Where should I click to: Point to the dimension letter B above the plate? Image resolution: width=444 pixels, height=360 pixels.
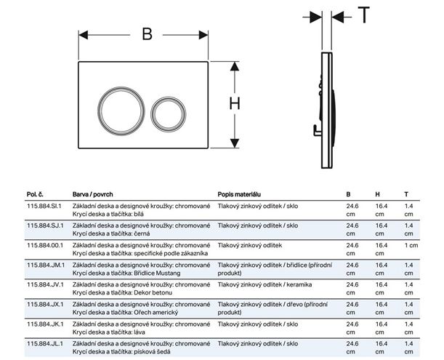[x=147, y=34]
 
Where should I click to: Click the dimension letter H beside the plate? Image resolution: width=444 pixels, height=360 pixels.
[x=235, y=103]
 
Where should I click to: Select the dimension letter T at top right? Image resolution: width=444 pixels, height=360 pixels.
[x=364, y=15]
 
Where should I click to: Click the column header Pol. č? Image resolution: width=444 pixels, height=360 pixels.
[x=35, y=194]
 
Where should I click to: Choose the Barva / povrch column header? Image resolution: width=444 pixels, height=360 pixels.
[x=92, y=194]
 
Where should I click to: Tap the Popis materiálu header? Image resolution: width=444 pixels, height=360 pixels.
[x=239, y=194]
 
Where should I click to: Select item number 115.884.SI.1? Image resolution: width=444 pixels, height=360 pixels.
[x=44, y=206]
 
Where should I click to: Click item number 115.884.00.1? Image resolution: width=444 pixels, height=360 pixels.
[x=45, y=245]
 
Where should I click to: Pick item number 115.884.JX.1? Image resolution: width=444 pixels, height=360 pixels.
[x=45, y=305]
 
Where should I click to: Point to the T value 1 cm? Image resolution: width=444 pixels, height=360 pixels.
[x=411, y=245]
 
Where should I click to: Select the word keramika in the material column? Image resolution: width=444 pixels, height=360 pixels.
[x=299, y=284]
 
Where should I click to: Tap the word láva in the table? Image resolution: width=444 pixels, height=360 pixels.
[x=139, y=332]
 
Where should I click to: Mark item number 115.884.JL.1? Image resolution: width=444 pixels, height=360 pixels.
[x=45, y=343]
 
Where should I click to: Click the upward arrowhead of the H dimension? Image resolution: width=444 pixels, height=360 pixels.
[x=235, y=66]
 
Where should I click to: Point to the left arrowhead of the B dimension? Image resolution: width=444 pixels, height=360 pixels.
[x=84, y=35]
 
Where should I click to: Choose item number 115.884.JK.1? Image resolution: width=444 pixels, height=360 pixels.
[x=45, y=324]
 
